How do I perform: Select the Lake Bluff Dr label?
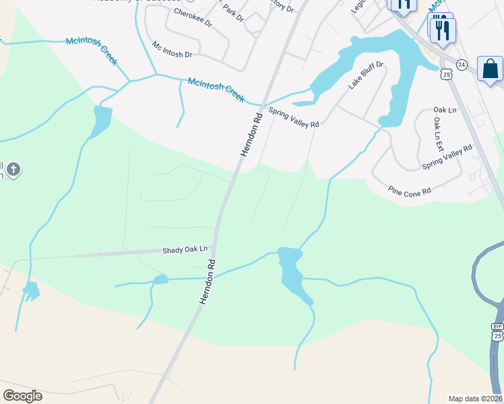point(366,75)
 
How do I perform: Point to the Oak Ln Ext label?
point(438,133)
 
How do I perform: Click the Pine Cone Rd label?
point(409,191)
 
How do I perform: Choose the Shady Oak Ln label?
point(185,250)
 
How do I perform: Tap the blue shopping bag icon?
point(490,69)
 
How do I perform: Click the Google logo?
point(22,396)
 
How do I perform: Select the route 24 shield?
point(461,64)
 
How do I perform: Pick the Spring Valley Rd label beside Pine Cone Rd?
point(447,157)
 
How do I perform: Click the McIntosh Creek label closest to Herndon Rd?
point(216,90)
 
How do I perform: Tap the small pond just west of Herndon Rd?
point(160,279)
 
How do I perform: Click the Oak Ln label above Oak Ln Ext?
point(445,110)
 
